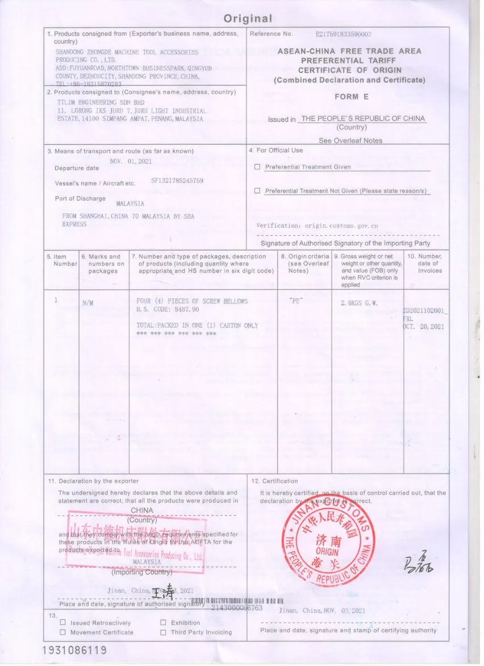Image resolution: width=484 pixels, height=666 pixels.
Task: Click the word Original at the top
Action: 248,18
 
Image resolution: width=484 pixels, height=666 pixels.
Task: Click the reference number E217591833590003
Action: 343,34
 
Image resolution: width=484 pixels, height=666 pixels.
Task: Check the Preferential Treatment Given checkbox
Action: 257,167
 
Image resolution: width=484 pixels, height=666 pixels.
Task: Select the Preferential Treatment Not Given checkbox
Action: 257,191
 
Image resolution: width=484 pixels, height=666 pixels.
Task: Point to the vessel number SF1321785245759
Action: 177,181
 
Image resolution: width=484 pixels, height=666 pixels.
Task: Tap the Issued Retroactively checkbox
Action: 64,622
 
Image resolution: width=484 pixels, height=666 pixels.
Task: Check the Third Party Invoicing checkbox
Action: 163,632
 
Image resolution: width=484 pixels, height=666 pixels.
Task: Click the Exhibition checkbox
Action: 163,622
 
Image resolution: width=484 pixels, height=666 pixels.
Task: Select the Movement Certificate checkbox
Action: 64,632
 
